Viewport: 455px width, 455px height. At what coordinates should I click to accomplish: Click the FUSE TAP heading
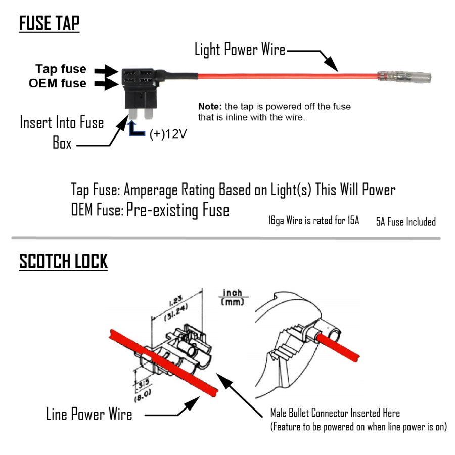click(x=49, y=24)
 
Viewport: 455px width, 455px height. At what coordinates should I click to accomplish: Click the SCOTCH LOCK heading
click(x=63, y=262)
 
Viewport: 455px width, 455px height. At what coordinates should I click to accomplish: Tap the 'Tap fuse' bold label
click(x=61, y=69)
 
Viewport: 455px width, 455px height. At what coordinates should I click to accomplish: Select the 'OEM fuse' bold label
click(x=57, y=83)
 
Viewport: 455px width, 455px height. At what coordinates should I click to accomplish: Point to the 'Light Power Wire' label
click(x=240, y=50)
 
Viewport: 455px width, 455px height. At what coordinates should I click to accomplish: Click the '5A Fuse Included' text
click(x=405, y=222)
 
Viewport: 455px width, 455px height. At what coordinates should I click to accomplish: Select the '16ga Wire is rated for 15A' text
click(x=313, y=221)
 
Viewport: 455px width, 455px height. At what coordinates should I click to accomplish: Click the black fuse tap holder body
click(x=139, y=88)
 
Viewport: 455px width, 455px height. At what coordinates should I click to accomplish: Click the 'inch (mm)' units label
click(x=233, y=297)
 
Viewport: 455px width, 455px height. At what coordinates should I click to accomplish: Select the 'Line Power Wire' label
click(x=89, y=414)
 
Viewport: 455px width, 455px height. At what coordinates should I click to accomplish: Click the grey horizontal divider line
click(x=225, y=238)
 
